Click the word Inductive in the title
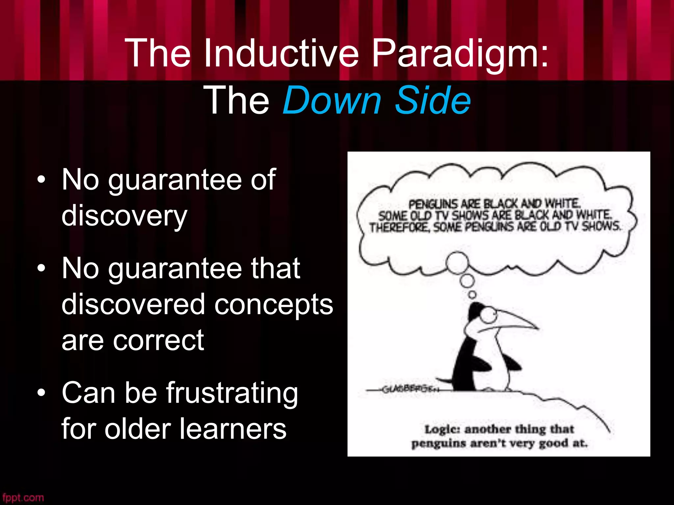281,53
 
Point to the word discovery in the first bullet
124,216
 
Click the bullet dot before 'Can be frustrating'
41,393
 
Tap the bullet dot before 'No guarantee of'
41,180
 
